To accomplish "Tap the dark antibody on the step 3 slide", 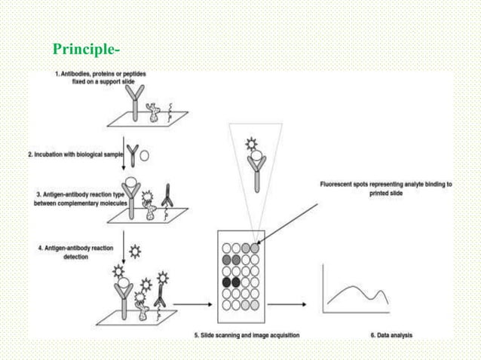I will click(167, 197).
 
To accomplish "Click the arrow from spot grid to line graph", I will click(286, 305).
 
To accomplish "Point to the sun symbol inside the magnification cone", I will click(253, 143).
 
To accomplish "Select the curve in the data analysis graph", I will click(363, 294).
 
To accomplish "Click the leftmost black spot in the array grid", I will click(226, 282).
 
